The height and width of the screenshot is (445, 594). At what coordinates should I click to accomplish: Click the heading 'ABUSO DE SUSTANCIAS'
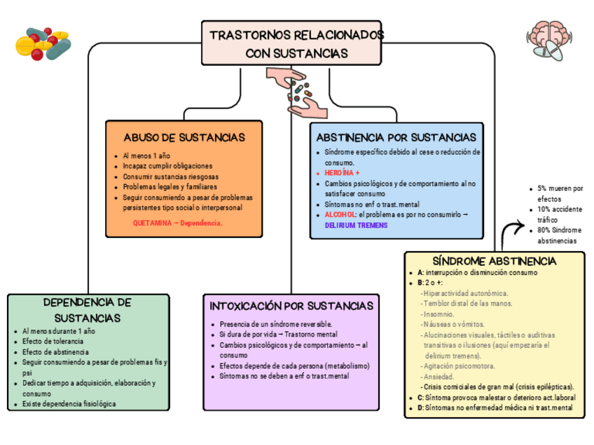[184, 137]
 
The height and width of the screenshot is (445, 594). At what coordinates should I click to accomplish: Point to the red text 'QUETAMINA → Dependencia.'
[177, 222]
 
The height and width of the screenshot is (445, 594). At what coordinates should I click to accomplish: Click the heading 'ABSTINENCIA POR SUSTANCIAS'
[396, 137]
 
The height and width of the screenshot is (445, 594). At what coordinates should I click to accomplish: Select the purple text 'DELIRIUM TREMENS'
[356, 225]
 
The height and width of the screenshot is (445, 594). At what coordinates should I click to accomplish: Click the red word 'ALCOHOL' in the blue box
[340, 215]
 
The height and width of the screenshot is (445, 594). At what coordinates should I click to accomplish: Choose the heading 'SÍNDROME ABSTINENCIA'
[495, 261]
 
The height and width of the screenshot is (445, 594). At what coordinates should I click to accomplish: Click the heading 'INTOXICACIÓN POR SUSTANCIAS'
[291, 306]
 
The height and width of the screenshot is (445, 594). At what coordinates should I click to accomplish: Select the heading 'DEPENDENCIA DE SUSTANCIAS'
[88, 310]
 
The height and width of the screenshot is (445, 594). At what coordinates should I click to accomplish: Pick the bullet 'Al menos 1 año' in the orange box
[146, 155]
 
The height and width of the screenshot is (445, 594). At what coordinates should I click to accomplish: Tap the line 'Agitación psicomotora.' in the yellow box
[460, 366]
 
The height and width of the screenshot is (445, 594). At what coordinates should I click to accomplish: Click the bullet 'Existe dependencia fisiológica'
[69, 404]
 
